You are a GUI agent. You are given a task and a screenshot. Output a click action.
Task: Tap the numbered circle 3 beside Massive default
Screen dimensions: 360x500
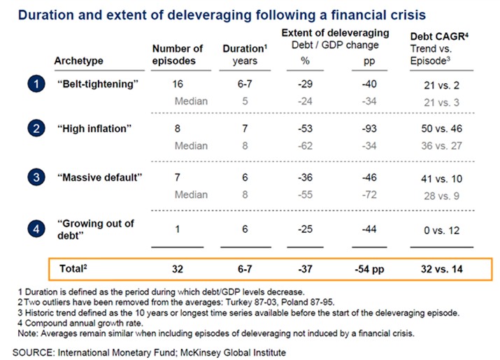coord(36,177)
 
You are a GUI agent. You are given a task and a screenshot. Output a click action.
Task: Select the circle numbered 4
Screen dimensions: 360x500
coord(36,227)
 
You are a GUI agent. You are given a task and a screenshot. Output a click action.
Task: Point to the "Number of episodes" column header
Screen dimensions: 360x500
coord(177,55)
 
